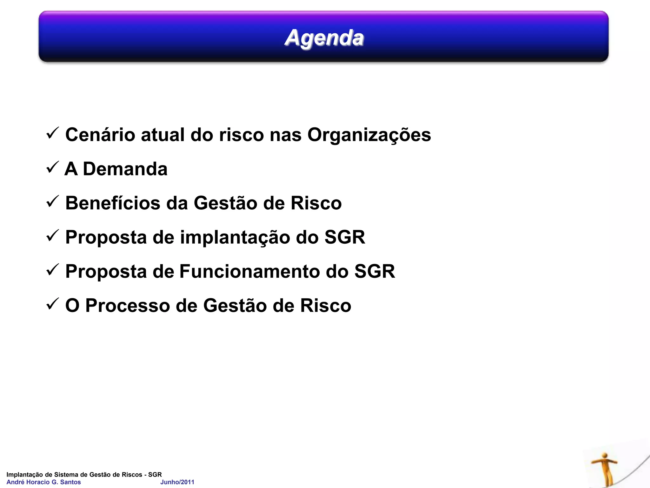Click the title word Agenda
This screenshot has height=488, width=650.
tap(324, 38)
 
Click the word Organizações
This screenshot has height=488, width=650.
tap(369, 135)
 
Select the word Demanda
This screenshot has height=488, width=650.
tap(125, 169)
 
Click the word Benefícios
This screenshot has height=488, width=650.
tap(113, 203)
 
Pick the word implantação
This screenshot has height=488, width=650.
tap(235, 238)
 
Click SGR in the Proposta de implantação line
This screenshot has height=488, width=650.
tap(345, 237)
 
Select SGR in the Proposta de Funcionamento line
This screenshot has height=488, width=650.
tap(375, 272)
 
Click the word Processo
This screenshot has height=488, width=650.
tap(128, 306)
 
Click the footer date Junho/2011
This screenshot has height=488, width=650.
tap(177, 482)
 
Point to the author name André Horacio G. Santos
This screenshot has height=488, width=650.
tap(44, 482)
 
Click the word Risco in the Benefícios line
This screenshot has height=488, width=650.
tap(316, 203)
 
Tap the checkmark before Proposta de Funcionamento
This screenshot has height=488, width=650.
tap(52, 270)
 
